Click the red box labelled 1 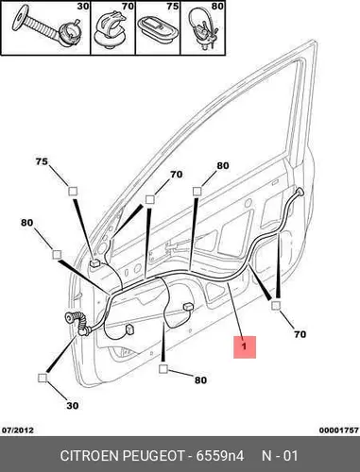(245, 346)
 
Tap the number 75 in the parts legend (173, 6)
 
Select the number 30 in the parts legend (83, 6)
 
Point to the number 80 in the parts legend (217, 6)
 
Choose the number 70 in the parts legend (128, 6)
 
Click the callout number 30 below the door (73, 406)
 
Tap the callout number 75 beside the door (42, 161)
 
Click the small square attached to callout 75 (73, 192)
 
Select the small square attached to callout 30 (43, 378)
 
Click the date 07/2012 (18, 430)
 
